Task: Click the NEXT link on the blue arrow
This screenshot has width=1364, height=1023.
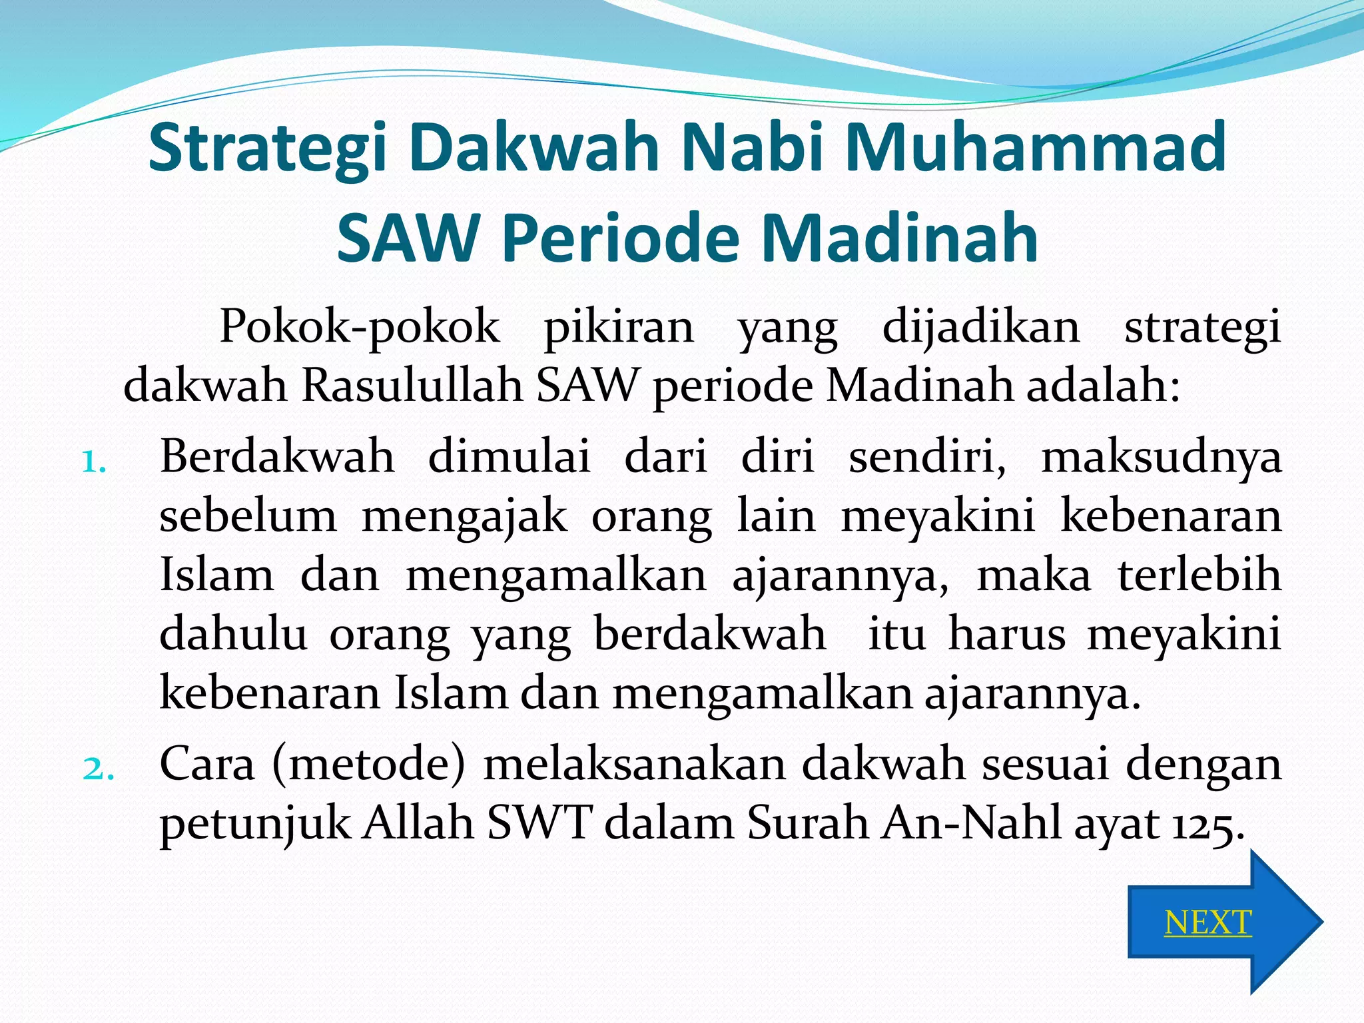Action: point(1207,923)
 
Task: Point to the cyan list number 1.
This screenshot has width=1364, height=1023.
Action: point(93,462)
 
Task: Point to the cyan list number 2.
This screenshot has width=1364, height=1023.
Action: point(97,769)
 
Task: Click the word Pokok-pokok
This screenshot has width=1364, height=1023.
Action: point(360,327)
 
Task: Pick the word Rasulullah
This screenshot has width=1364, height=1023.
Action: point(412,386)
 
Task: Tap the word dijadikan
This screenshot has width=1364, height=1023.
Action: point(980,327)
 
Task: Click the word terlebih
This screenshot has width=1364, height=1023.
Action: point(1199,575)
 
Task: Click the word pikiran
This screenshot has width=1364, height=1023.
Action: point(619,327)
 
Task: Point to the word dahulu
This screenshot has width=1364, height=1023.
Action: point(233,633)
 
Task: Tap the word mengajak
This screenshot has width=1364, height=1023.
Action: point(464,517)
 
